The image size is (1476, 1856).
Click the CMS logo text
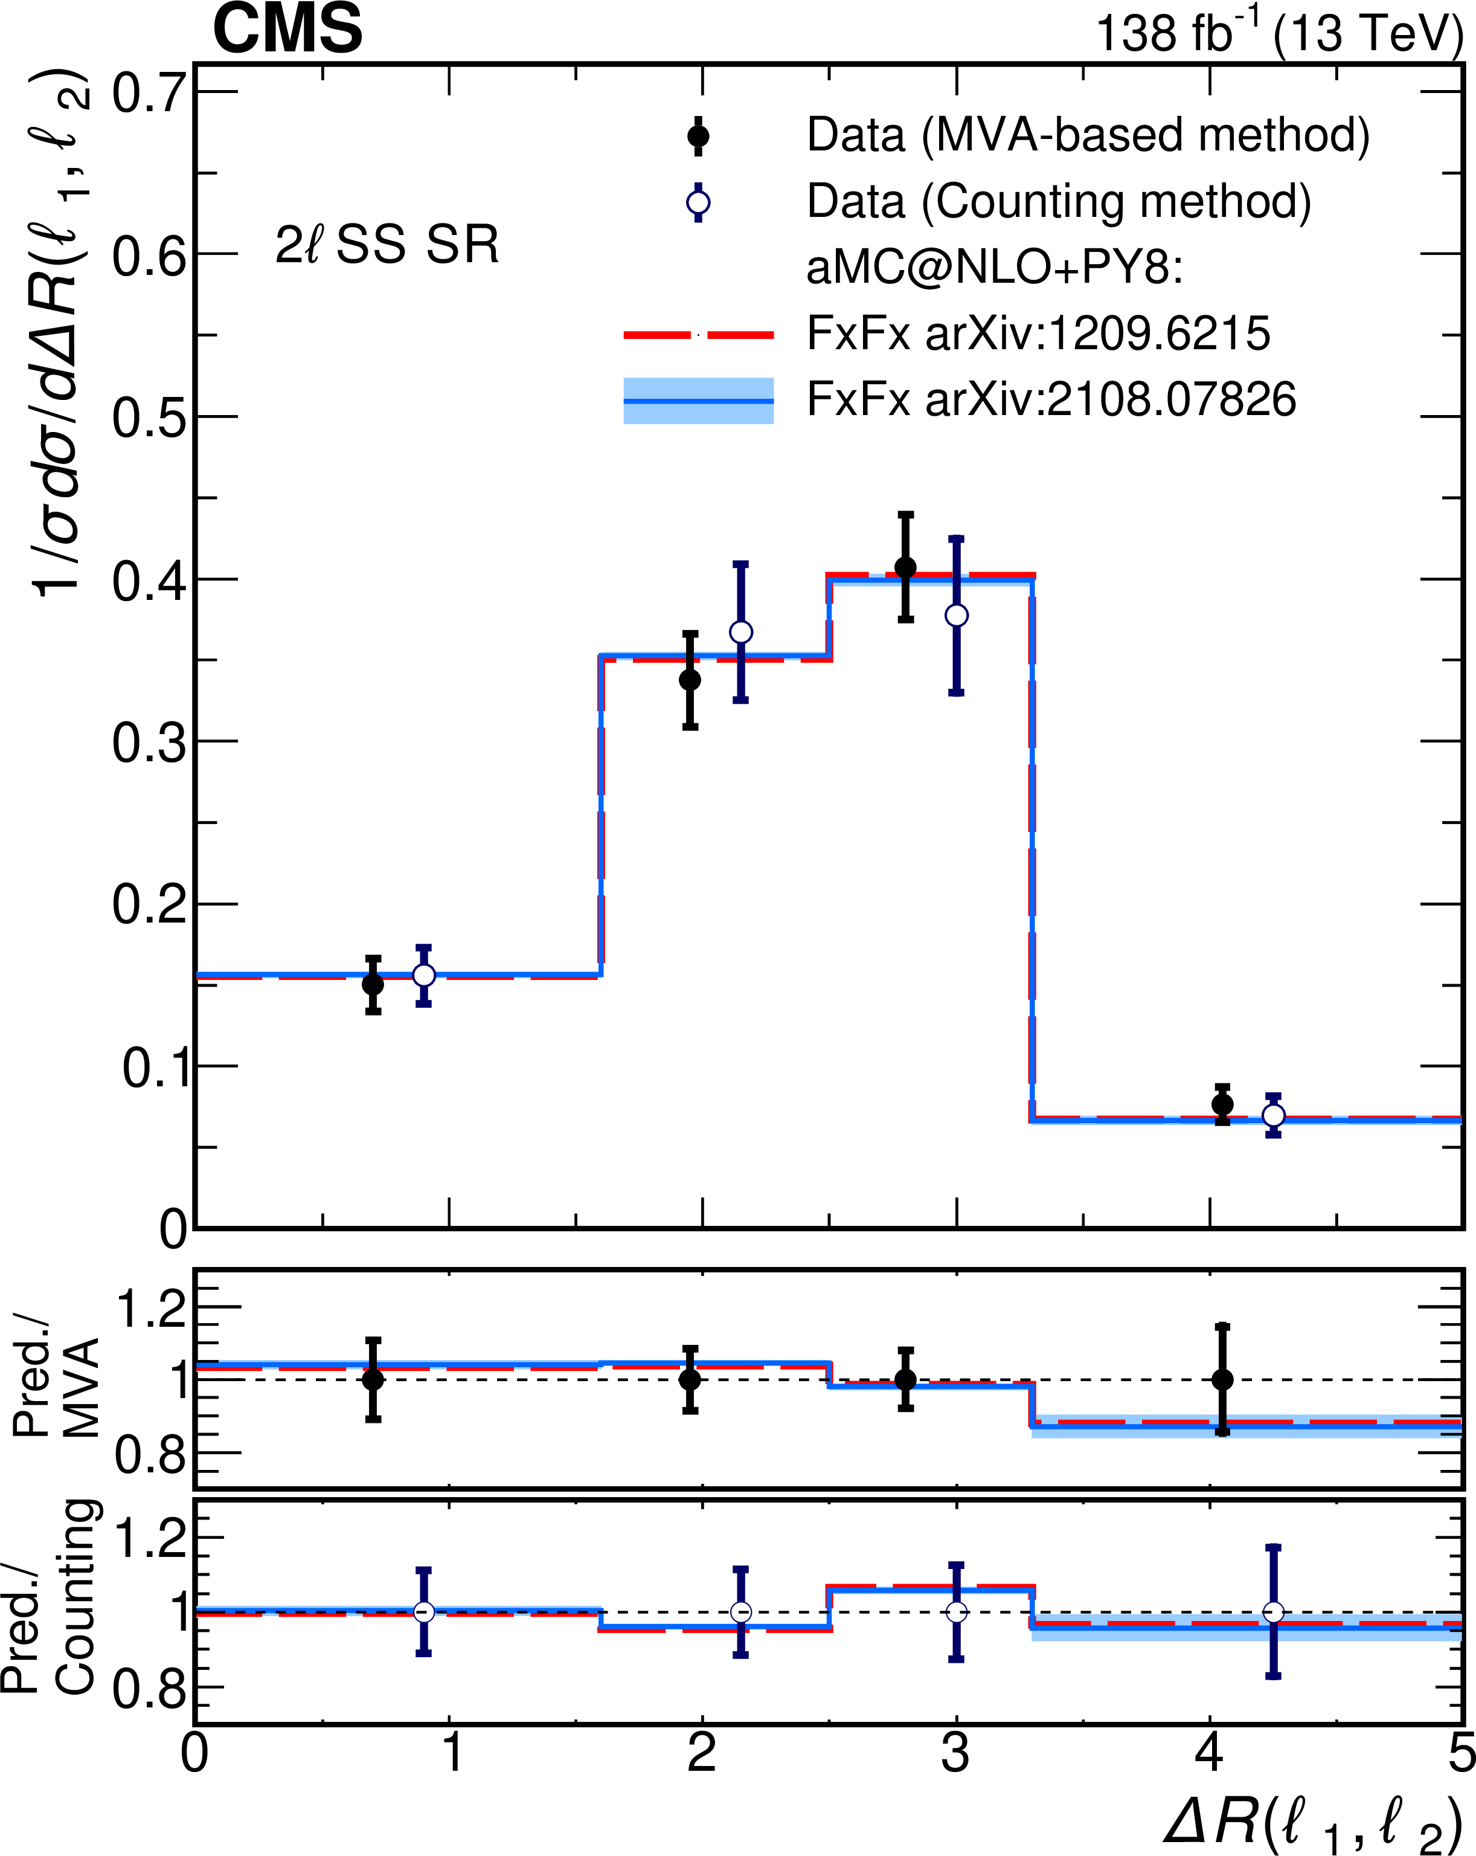287,29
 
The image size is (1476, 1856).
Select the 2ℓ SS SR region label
387,245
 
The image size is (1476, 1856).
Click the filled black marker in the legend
698,136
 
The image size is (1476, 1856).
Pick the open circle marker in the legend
698,203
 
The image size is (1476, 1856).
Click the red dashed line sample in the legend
698,334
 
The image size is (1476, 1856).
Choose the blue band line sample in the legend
698,401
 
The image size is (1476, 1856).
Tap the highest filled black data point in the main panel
905,567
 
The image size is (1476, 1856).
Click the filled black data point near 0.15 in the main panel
373,984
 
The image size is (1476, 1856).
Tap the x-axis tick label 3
955,1753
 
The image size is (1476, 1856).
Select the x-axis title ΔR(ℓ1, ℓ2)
1312,1822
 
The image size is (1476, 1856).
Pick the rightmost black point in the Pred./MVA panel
1222,1379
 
